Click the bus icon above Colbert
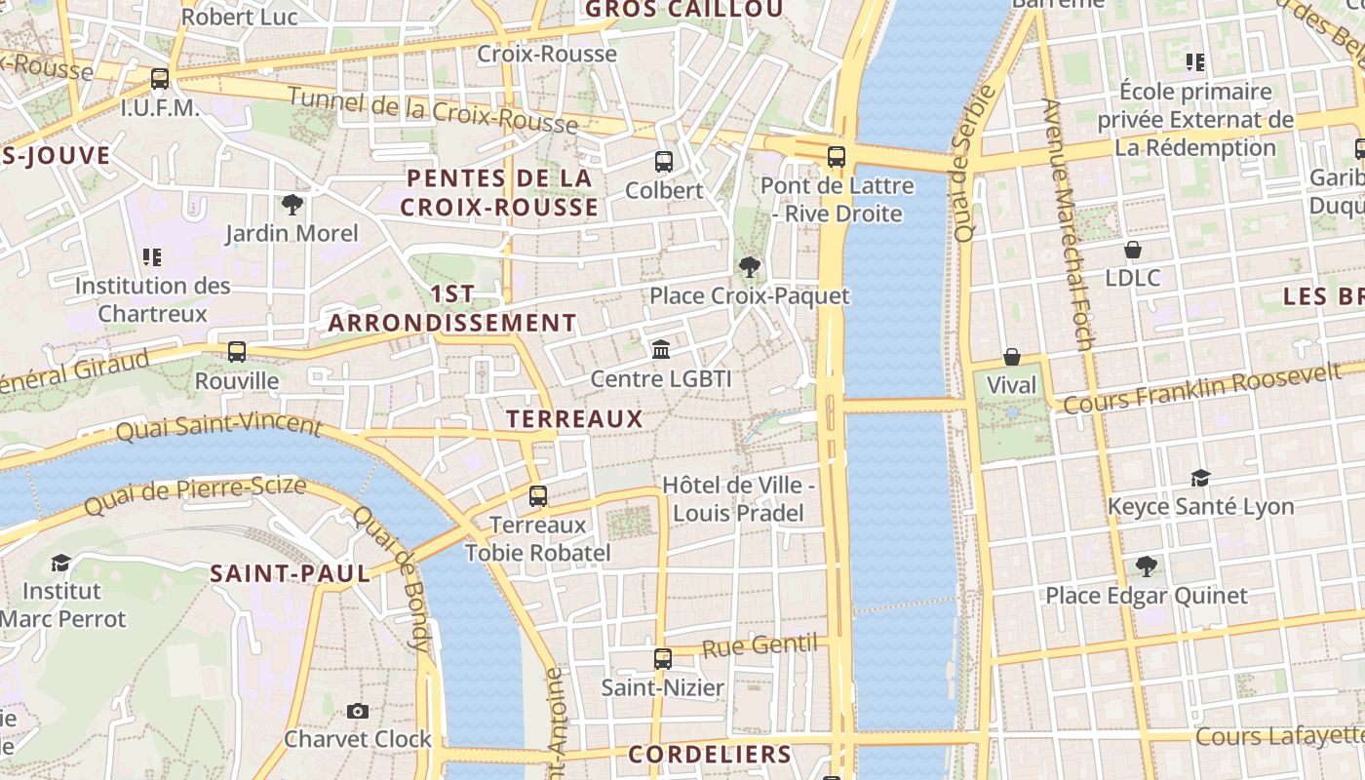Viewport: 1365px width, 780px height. (x=663, y=161)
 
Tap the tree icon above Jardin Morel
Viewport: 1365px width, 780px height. (x=292, y=205)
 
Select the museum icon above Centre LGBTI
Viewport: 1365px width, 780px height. (x=661, y=349)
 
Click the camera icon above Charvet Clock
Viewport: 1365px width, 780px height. (x=358, y=711)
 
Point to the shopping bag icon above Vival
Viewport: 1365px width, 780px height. (x=1012, y=357)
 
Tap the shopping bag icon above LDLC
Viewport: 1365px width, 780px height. (x=1133, y=250)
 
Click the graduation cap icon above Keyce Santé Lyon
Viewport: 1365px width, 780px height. (x=1200, y=478)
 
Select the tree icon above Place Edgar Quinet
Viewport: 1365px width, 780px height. (x=1147, y=566)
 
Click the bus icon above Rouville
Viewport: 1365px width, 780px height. (x=237, y=352)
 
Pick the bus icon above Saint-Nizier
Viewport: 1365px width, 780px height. (x=663, y=659)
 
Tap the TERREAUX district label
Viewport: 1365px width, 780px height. (x=574, y=419)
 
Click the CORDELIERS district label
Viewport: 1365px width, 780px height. (x=710, y=754)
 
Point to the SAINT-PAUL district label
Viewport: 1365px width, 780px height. (x=291, y=573)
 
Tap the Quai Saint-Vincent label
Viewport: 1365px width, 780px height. (x=218, y=426)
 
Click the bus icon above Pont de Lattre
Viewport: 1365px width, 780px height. (x=836, y=156)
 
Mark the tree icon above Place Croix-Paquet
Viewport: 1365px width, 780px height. (x=749, y=266)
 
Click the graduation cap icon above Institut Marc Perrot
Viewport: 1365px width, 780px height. (x=61, y=563)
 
